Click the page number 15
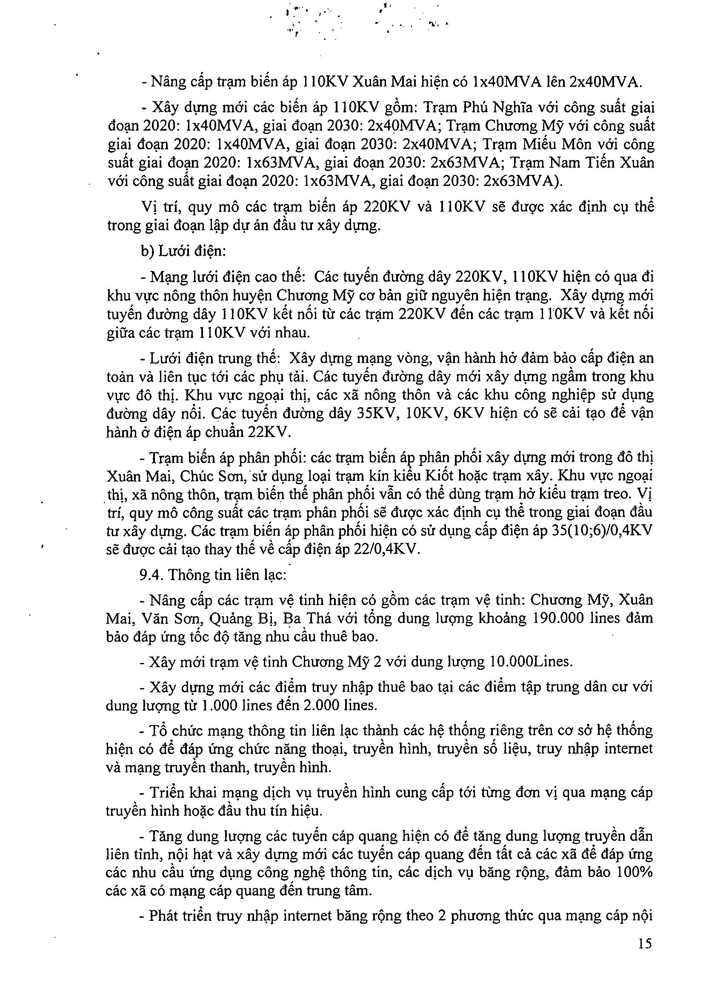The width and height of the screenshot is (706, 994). (x=645, y=944)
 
